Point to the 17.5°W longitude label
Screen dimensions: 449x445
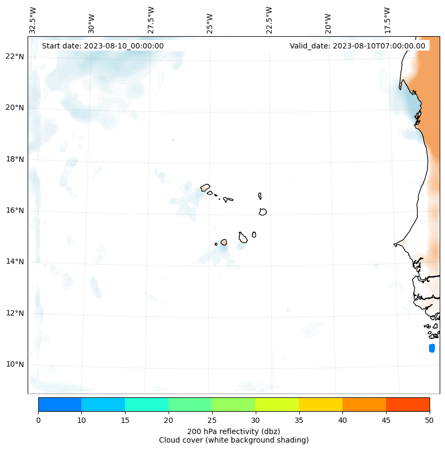coord(387,20)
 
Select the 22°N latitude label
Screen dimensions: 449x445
coord(15,56)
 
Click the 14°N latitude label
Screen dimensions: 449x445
coord(15,262)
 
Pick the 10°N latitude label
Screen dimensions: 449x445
coord(15,364)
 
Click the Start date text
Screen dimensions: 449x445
coord(103,46)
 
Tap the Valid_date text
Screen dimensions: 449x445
coord(357,46)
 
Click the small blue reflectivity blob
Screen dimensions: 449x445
coord(432,348)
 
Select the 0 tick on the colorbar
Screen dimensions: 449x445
coord(38,421)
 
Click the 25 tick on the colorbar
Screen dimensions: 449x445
coord(212,421)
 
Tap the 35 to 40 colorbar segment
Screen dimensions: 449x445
coord(321,404)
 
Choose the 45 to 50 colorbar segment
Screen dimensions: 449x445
coord(408,404)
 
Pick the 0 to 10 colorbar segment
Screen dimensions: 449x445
coord(60,404)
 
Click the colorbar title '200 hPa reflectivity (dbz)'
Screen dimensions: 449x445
coord(233,431)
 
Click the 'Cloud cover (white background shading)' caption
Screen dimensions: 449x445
coord(233,440)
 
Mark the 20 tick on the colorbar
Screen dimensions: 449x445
coord(169,421)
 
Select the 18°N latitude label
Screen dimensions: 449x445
coord(15,159)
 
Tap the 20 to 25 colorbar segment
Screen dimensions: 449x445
coord(190,404)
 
